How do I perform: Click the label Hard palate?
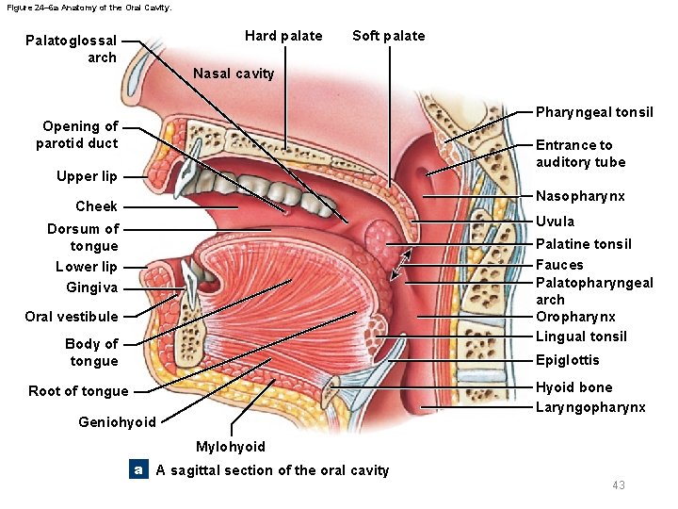[282, 36]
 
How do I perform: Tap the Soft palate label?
[388, 36]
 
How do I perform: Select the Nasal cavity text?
[234, 74]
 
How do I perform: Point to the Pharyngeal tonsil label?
[594, 112]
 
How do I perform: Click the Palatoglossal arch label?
[72, 49]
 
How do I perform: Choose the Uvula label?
[555, 222]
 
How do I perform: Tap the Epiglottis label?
[567, 360]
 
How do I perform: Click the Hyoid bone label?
[573, 387]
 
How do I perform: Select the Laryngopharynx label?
[590, 407]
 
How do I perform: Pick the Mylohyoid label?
[230, 447]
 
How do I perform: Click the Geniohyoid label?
[118, 422]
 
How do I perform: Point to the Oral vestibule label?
[72, 317]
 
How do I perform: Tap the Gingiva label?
[92, 287]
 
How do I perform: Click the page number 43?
[618, 484]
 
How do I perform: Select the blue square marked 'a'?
[138, 469]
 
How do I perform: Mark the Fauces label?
[559, 265]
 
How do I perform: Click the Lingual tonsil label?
[581, 337]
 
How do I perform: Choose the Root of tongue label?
[78, 391]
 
